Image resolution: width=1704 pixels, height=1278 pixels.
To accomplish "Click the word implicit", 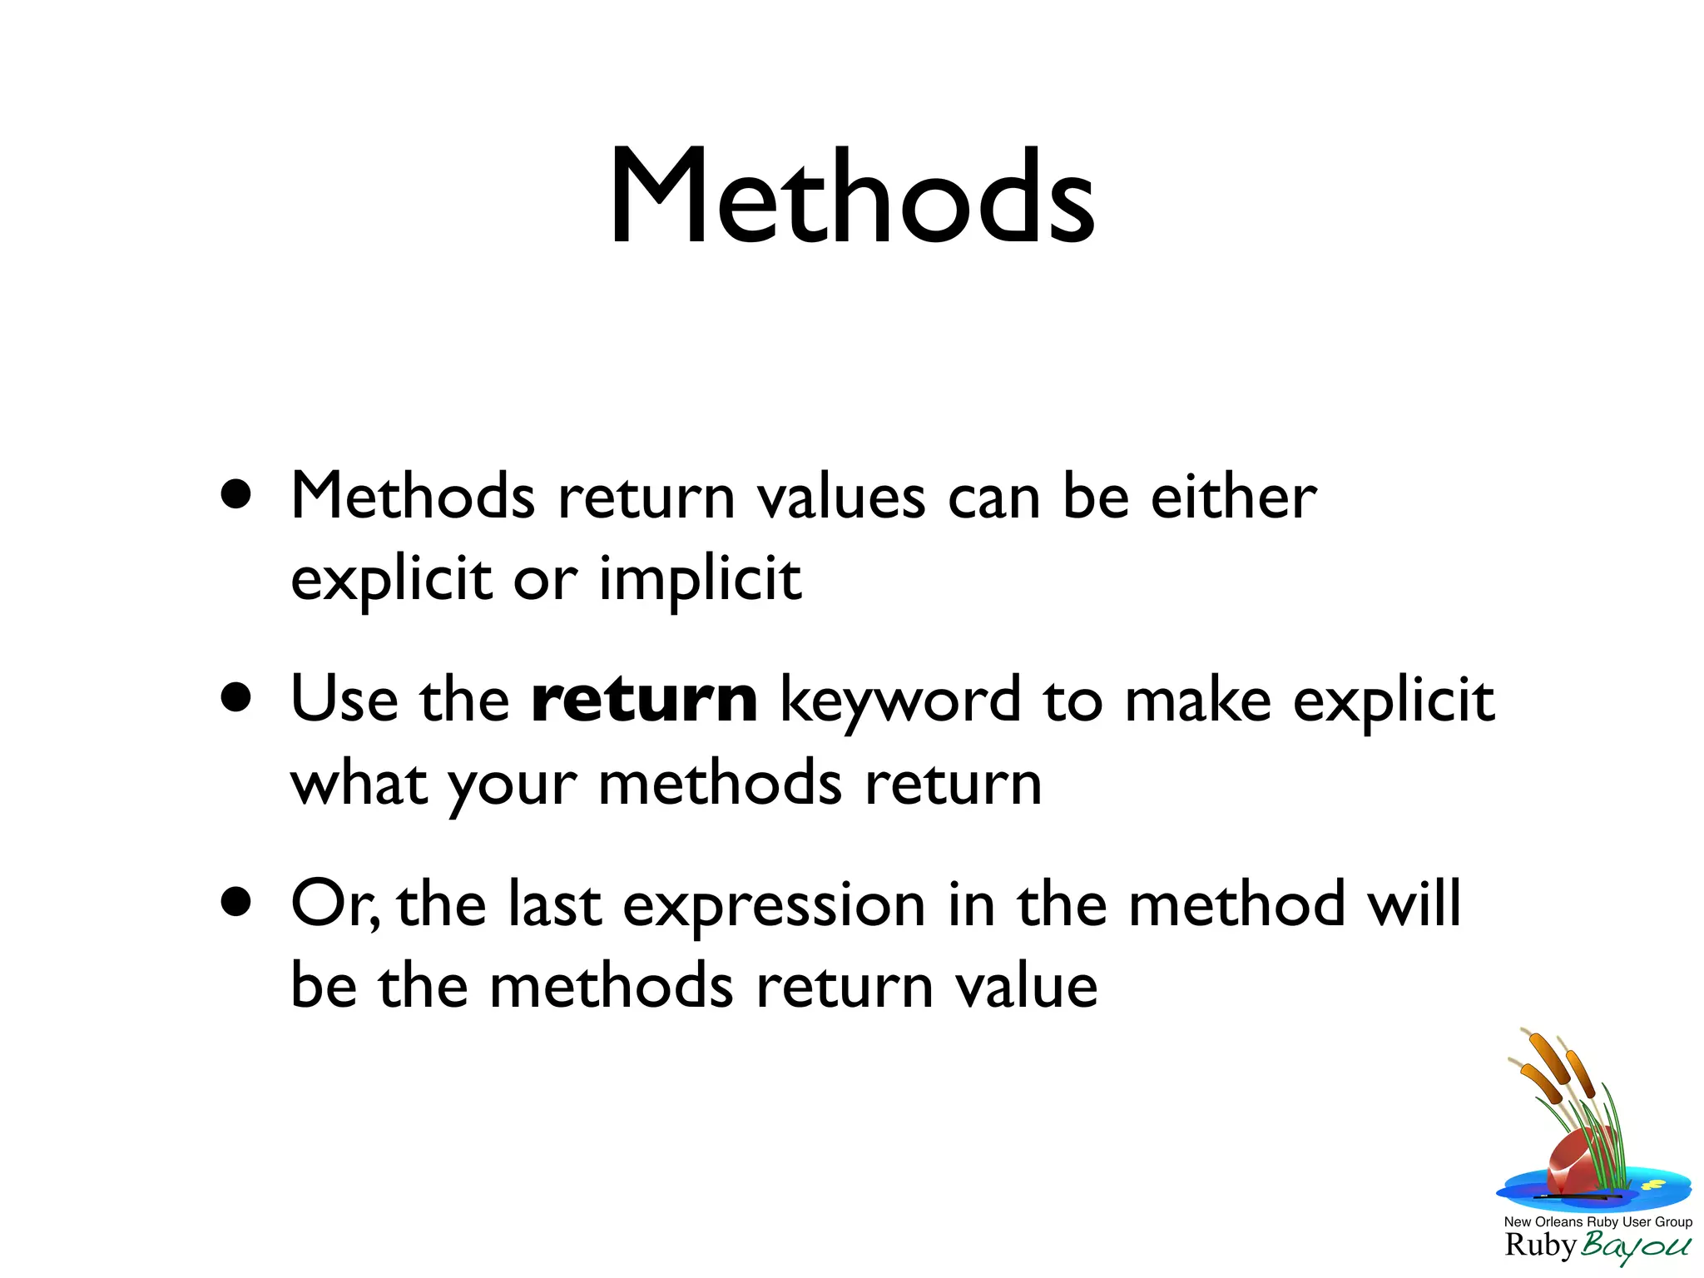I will pyautogui.click(x=700, y=579).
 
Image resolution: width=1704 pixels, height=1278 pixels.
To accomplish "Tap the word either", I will pyautogui.click(x=1233, y=497).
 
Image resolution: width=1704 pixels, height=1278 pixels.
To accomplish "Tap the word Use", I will pyautogui.click(x=344, y=701).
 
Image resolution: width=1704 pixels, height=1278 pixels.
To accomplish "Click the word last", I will pyautogui.click(x=554, y=905).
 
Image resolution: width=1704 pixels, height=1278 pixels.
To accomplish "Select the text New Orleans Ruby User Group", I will pyautogui.click(x=1597, y=1221).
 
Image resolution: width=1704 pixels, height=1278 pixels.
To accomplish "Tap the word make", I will pyautogui.click(x=1197, y=701).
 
